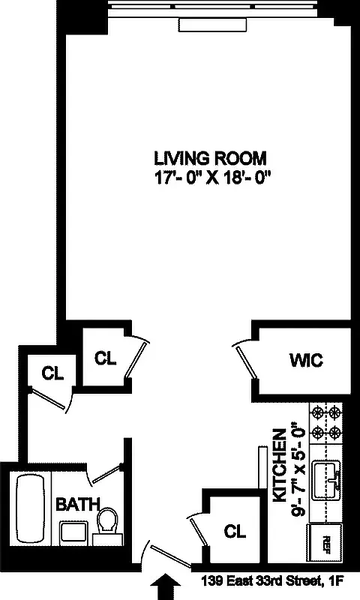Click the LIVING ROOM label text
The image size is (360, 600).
tap(211, 158)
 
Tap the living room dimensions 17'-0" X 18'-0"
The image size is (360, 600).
tap(211, 179)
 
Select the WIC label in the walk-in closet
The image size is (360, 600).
tap(305, 361)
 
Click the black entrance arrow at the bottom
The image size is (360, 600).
tap(167, 585)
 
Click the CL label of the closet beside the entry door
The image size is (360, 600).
tap(235, 532)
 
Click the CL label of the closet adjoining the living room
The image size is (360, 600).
tap(106, 358)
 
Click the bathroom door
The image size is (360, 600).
tap(105, 472)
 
